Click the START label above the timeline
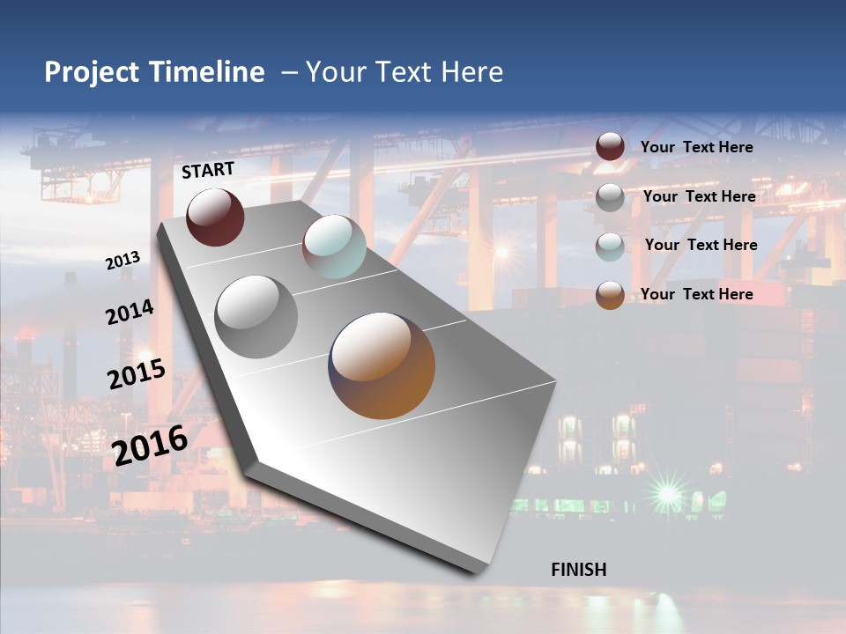point(208,170)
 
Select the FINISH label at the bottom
point(578,570)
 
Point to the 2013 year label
point(122,261)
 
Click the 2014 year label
point(130,313)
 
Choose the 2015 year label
point(137,374)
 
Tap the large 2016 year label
point(150,445)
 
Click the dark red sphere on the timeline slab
point(215,217)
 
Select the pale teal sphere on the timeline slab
point(334,247)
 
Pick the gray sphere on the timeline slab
point(256,316)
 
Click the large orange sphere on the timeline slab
point(382,365)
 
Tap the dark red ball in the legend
point(610,146)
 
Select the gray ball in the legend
point(610,197)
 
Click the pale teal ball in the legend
point(610,247)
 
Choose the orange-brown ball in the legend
point(610,295)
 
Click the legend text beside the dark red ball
point(696,147)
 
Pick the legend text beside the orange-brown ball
point(696,294)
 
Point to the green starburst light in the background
point(668,493)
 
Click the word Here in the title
point(472,73)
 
